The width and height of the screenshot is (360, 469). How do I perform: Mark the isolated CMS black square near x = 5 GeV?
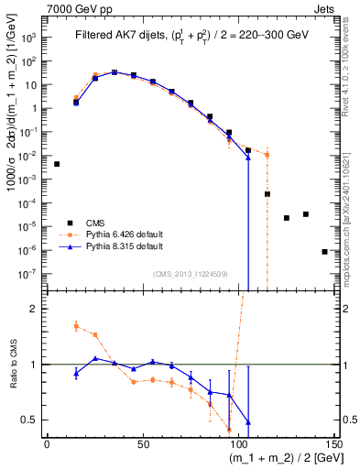pyautogui.click(x=57, y=164)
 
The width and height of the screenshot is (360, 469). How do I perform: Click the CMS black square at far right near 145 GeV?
pyautogui.click(x=324, y=251)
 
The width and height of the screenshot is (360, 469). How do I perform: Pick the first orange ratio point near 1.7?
pyautogui.click(x=76, y=325)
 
